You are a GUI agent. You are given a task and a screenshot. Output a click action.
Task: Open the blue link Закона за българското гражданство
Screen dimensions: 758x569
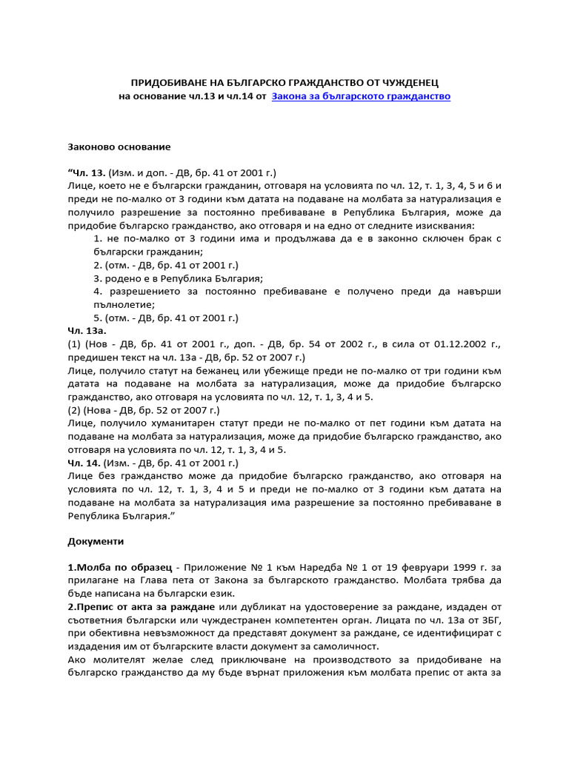pyautogui.click(x=361, y=96)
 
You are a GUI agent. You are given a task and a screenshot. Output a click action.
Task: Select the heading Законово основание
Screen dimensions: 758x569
pyautogui.click(x=119, y=147)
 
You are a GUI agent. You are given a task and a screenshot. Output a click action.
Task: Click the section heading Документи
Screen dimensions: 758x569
pyautogui.click(x=96, y=542)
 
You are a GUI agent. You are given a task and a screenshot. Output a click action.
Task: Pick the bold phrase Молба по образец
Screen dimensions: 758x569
pyautogui.click(x=112, y=566)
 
